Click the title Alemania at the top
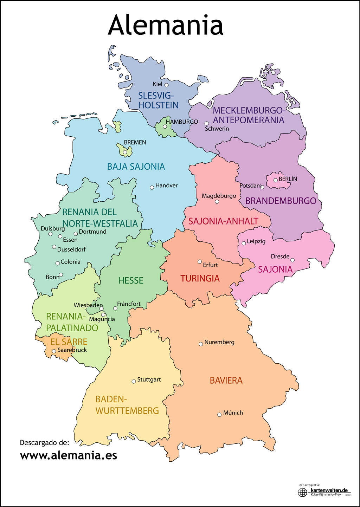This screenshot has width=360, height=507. pyautogui.click(x=165, y=25)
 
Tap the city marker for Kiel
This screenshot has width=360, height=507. pyautogui.click(x=167, y=85)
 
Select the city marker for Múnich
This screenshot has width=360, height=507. pyautogui.click(x=219, y=415)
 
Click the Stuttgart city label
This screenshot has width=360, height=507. pyautogui.click(x=149, y=379)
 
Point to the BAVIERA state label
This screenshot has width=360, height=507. pyautogui.click(x=226, y=381)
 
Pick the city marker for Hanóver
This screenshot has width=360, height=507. pyautogui.click(x=152, y=188)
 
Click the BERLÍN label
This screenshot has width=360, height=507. pyautogui.click(x=288, y=179)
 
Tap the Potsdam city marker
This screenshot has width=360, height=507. pyautogui.click(x=262, y=187)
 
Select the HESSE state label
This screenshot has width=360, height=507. pyautogui.click(x=131, y=280)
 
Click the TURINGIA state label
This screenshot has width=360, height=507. pyautogui.click(x=200, y=279)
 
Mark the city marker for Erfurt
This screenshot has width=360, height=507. pyautogui.click(x=200, y=262)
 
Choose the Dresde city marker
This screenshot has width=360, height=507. pyautogui.click(x=292, y=260)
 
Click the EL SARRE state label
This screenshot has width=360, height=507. pyautogui.click(x=69, y=342)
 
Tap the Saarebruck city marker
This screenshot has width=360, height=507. pyautogui.click(x=54, y=351)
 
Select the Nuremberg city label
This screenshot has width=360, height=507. pyautogui.click(x=219, y=342)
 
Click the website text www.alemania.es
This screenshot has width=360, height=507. pyautogui.click(x=69, y=456)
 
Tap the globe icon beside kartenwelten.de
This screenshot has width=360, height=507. pyautogui.click(x=302, y=492)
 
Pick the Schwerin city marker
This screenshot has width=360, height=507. pyautogui.click(x=207, y=124)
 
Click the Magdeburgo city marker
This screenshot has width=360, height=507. pyautogui.click(x=217, y=202)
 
